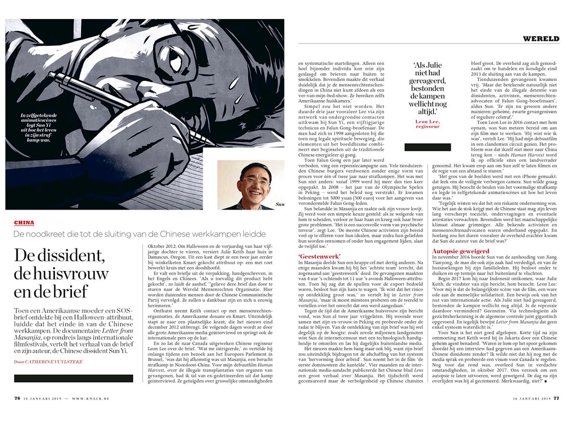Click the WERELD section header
coord(541,39)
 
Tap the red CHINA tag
coord(24,223)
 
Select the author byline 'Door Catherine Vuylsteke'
coord(48,362)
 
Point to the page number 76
coord(17,398)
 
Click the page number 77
coord(556,398)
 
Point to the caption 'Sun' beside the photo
coord(279,204)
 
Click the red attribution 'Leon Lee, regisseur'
coord(427,124)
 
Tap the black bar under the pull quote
coord(427,147)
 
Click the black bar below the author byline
coord(73,378)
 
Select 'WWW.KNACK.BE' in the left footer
coord(91,399)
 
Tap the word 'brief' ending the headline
coord(69,291)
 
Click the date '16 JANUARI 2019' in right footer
coord(531,399)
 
